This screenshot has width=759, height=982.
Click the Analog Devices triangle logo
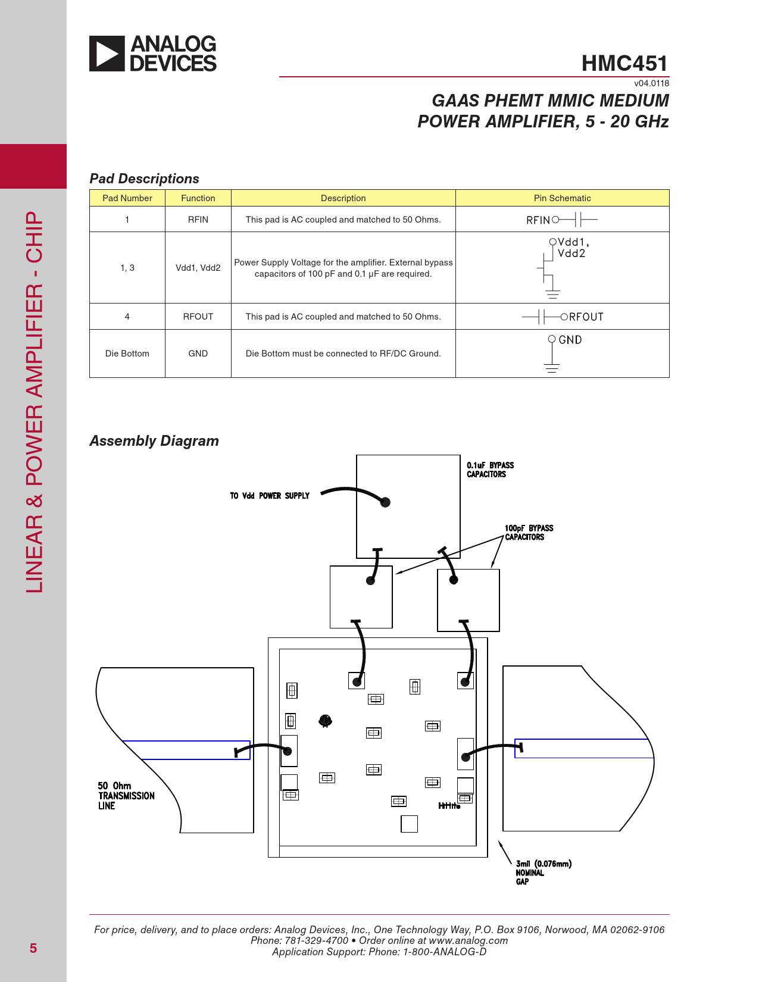107,54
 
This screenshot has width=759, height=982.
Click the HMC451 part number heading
624,63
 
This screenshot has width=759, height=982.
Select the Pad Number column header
127,198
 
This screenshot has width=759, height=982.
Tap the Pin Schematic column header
562,198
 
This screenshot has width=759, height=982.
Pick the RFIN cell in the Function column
198,220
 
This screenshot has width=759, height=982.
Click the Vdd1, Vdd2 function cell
198,268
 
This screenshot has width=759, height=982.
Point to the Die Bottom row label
127,354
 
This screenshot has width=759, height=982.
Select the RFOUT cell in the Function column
198,317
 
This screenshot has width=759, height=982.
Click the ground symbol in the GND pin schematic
552,367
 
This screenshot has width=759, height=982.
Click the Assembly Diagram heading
154,441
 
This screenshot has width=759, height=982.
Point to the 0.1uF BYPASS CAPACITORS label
490,470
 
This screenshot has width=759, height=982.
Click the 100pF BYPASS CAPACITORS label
529,533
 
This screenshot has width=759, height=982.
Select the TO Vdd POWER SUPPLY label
270,496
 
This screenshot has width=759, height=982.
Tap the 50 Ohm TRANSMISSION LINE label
126,796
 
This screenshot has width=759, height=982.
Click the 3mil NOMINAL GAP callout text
543,872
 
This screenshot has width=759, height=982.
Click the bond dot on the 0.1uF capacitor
385,502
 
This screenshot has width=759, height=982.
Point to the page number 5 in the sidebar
33,948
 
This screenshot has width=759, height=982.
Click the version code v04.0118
651,83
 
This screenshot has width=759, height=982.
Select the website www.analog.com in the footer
468,940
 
